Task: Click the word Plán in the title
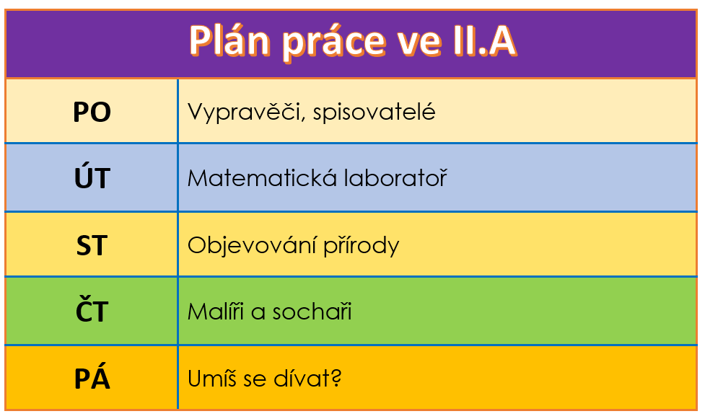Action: (229, 40)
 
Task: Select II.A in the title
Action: (484, 41)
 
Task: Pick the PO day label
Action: (92, 112)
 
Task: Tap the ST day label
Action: (92, 245)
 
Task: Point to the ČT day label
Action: (92, 309)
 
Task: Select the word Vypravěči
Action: (246, 113)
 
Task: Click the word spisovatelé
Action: (374, 113)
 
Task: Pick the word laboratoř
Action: (395, 178)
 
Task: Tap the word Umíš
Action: (211, 378)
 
